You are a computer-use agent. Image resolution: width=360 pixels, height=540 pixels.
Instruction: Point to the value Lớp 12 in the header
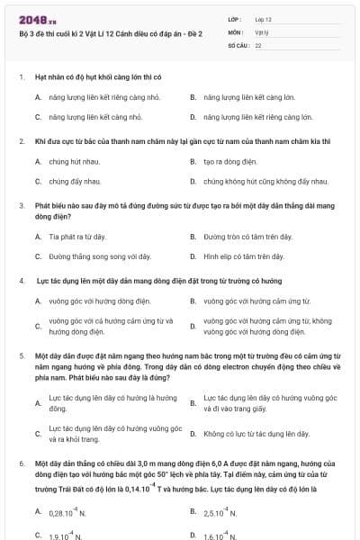[x=264, y=18]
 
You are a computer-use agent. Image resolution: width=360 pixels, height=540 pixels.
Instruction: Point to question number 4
[x=22, y=280]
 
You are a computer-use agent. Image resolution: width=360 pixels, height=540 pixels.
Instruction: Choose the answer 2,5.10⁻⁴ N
[x=220, y=512]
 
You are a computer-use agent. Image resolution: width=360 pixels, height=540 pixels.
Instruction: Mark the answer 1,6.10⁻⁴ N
[x=220, y=535]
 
